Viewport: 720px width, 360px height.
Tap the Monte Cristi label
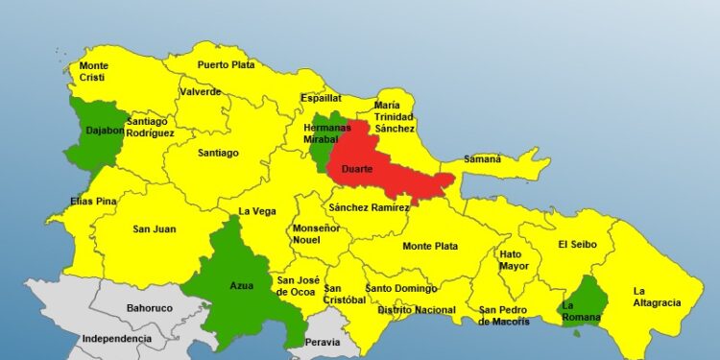pyautogui.click(x=93, y=72)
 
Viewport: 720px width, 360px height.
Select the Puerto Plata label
pyautogui.click(x=226, y=65)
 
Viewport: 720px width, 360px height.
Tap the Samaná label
pyautogui.click(x=482, y=158)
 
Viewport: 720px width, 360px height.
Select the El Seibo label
pyautogui.click(x=577, y=245)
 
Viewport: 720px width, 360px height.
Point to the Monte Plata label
pyautogui.click(x=429, y=246)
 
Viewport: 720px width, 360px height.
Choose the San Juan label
pyautogui.click(x=154, y=229)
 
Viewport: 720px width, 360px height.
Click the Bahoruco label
pyautogui.click(x=149, y=309)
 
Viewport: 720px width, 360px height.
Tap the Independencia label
pyautogui.click(x=116, y=339)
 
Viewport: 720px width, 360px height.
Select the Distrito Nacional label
pyautogui.click(x=416, y=310)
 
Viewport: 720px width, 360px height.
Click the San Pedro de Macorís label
pyautogui.click(x=504, y=316)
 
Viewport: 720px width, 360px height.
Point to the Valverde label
pyautogui.click(x=200, y=92)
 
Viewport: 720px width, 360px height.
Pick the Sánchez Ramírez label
pyautogui.click(x=369, y=207)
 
